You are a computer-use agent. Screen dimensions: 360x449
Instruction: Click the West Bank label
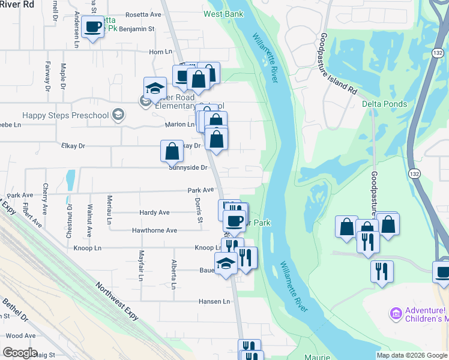click(x=223, y=14)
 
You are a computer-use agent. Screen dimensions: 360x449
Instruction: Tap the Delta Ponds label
click(x=384, y=104)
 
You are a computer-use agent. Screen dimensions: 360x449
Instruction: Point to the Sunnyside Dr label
click(x=188, y=168)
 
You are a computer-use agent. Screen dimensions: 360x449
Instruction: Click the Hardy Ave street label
click(x=155, y=212)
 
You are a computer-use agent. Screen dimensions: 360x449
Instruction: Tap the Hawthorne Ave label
click(x=155, y=230)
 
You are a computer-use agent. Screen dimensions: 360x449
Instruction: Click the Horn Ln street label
click(x=160, y=52)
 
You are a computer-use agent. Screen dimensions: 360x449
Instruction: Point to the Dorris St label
click(x=199, y=211)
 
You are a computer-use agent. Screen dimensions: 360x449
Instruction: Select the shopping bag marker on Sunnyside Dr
click(x=172, y=151)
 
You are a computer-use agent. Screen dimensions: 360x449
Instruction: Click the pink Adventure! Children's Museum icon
click(x=395, y=313)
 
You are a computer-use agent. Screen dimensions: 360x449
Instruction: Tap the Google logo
click(x=20, y=353)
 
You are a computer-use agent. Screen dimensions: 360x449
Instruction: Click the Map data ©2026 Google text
click(x=412, y=355)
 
